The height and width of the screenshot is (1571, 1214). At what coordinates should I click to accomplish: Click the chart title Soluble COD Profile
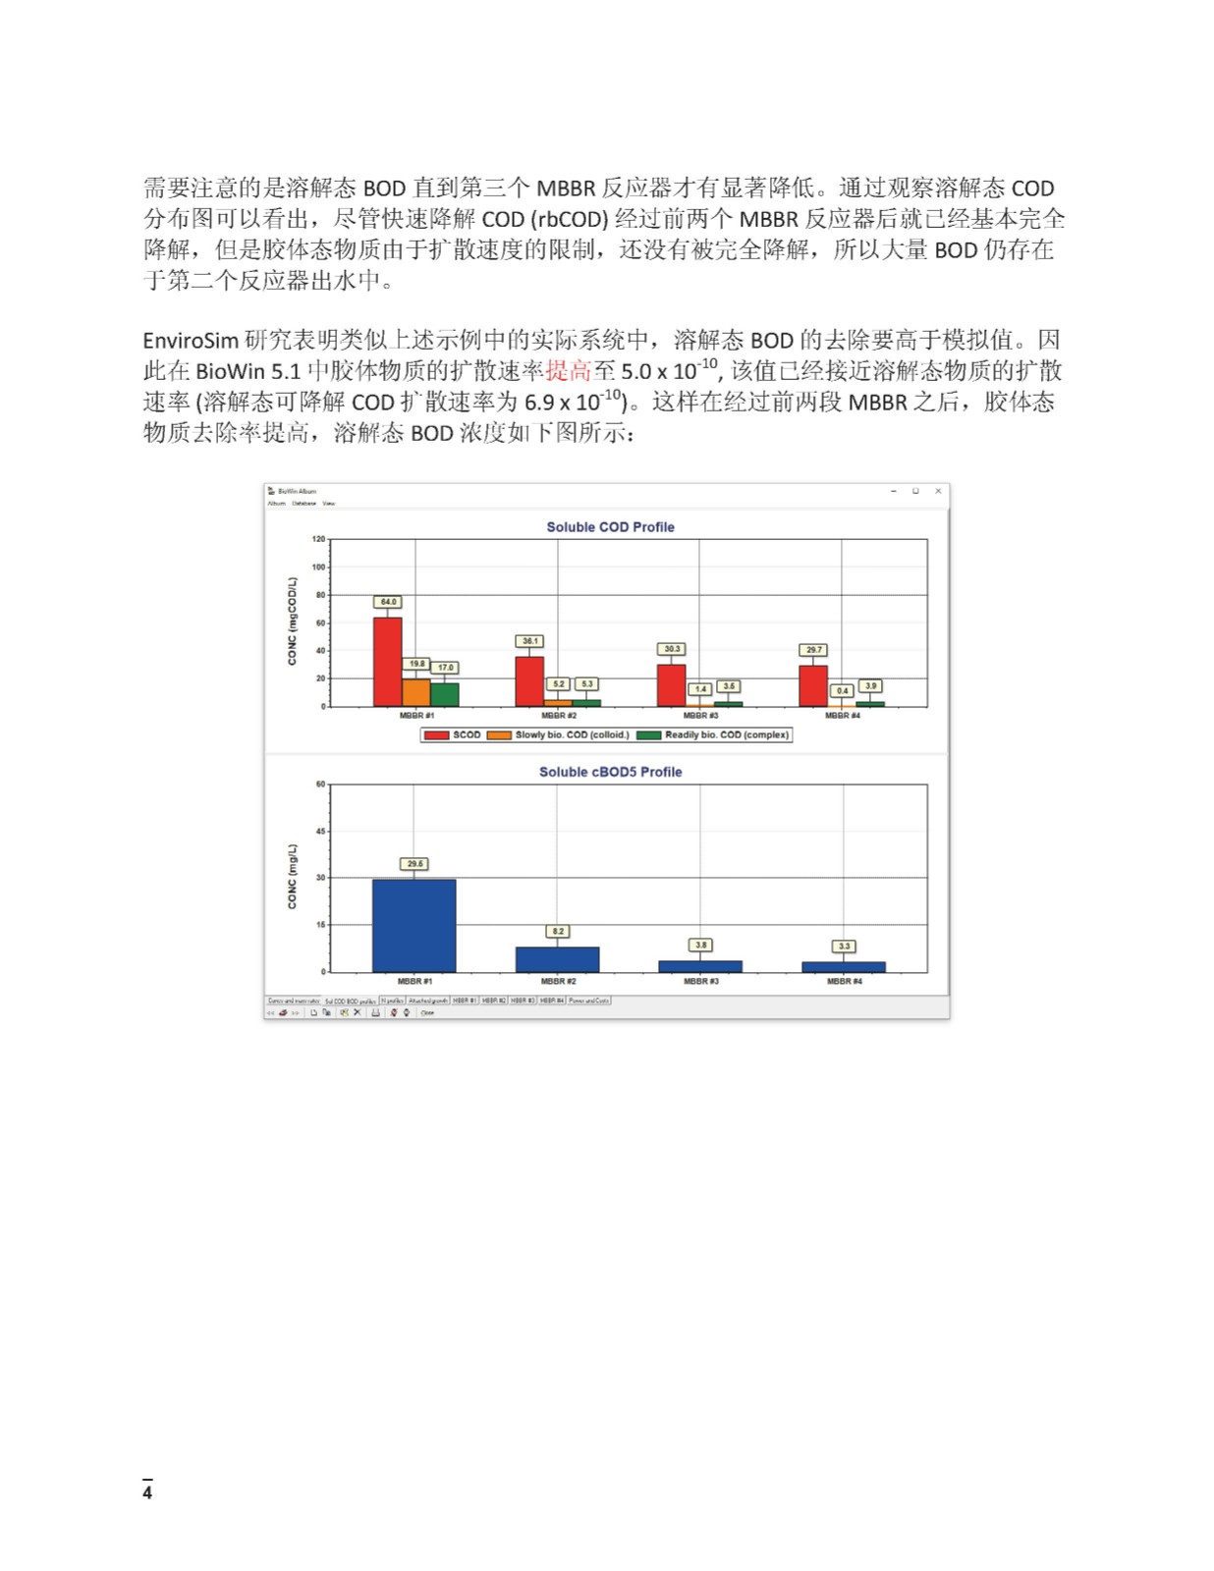click(x=610, y=527)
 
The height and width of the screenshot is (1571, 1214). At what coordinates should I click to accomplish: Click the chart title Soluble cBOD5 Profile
click(x=610, y=772)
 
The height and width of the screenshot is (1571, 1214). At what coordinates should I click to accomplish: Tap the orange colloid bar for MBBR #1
click(x=416, y=692)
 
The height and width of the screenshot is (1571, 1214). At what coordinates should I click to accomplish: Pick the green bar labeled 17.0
click(x=445, y=694)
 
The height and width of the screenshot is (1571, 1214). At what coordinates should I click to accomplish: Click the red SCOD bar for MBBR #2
click(x=529, y=680)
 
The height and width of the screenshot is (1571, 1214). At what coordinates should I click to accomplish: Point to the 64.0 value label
click(x=388, y=602)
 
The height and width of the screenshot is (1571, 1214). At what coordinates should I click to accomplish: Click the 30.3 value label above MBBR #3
click(x=672, y=649)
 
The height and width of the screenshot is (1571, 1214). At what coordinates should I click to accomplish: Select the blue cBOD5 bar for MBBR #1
click(x=414, y=925)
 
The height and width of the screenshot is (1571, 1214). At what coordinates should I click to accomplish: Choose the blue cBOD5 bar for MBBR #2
click(x=557, y=959)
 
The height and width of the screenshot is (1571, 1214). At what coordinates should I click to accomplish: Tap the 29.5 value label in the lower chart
click(x=414, y=864)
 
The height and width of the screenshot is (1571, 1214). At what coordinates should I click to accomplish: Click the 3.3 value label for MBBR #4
click(x=844, y=947)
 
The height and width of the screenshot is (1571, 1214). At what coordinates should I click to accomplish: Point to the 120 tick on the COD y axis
click(x=318, y=539)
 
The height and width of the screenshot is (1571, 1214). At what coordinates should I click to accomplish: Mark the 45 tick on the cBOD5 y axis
click(x=320, y=831)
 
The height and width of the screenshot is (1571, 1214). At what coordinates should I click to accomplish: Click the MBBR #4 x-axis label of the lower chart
click(x=843, y=981)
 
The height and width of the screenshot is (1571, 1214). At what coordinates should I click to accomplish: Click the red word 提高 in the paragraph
click(x=569, y=371)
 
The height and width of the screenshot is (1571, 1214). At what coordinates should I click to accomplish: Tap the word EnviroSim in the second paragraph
click(x=191, y=341)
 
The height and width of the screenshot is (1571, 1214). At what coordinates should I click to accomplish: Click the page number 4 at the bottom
click(x=147, y=1493)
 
